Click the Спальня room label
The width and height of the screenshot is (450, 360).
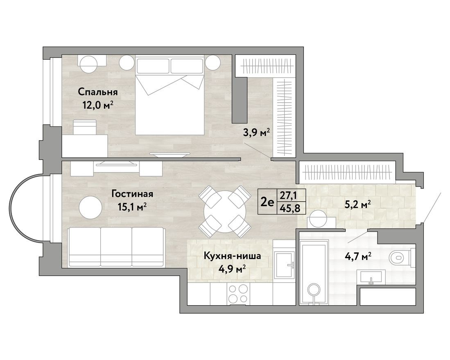[x=97, y=92]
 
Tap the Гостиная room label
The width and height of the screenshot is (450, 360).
[x=132, y=194]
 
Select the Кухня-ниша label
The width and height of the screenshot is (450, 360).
[x=232, y=256]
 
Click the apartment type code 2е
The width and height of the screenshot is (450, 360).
[x=267, y=202]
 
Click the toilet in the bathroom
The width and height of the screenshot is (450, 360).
[x=402, y=257]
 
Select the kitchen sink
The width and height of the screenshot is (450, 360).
[x=285, y=265]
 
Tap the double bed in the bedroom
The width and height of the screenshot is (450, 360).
[x=170, y=96]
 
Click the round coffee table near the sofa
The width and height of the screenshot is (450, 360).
[x=90, y=207]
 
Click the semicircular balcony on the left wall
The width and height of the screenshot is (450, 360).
[x=27, y=207]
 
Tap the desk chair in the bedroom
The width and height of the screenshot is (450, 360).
[x=85, y=127]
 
